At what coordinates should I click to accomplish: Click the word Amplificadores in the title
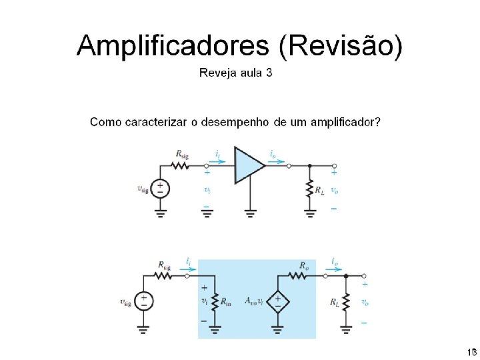[x=173, y=47]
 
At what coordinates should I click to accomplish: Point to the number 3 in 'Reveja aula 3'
[x=269, y=73]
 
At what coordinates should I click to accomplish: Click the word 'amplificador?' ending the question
[x=344, y=123]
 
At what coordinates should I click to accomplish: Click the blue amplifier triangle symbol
[x=249, y=166]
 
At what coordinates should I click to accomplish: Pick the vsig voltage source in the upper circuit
[x=160, y=189]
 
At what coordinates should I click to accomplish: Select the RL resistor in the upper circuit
[x=310, y=189]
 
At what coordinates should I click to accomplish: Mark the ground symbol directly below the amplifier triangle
[x=249, y=213]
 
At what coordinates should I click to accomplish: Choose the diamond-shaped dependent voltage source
[x=277, y=301]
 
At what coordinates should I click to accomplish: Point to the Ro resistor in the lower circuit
[x=301, y=275]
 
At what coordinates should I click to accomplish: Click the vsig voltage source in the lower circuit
[x=143, y=301]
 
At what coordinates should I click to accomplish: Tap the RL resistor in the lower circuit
[x=346, y=301]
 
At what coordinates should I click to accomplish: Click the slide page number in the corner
[x=471, y=351]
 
